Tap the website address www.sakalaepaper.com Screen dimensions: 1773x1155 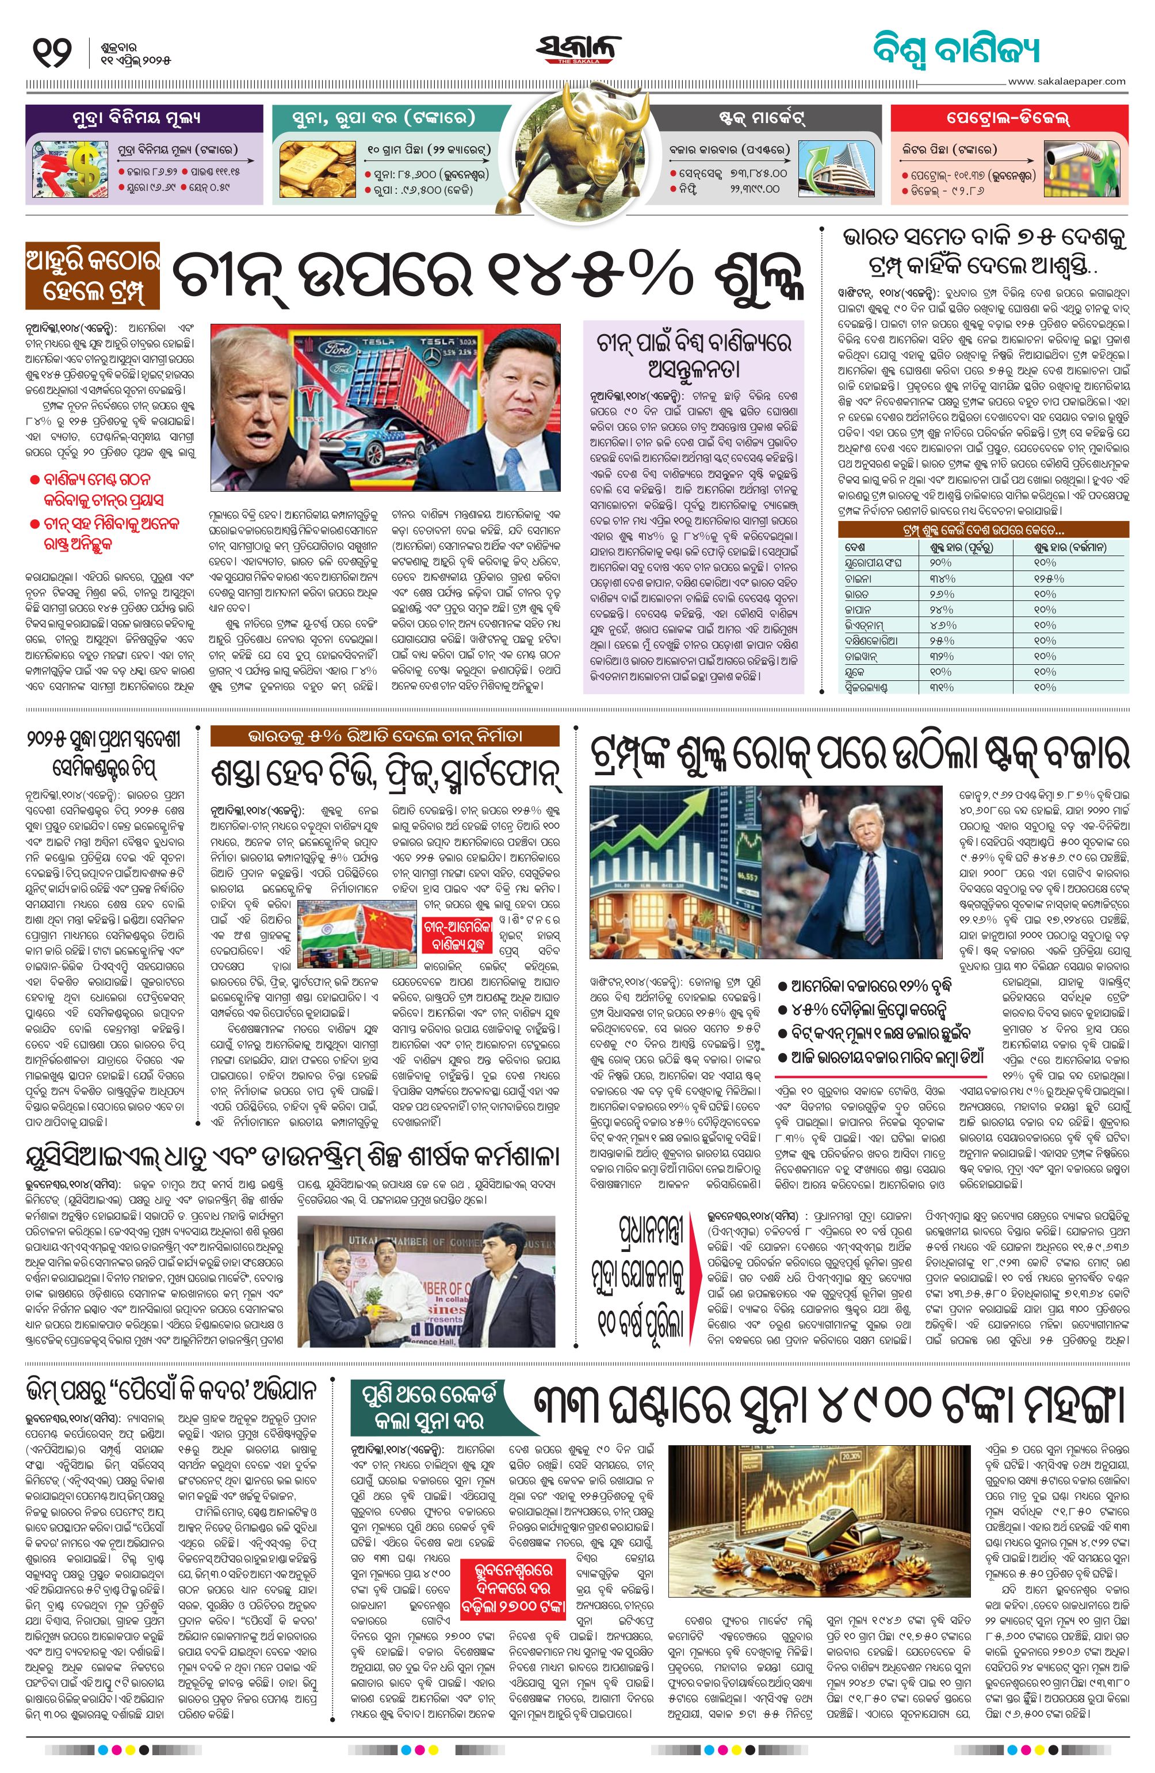1066,81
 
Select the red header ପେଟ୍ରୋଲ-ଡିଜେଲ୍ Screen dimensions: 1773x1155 1009,118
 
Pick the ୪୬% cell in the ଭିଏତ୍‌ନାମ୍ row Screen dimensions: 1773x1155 943,625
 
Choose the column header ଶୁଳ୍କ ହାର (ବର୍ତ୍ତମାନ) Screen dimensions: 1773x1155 1069,547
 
